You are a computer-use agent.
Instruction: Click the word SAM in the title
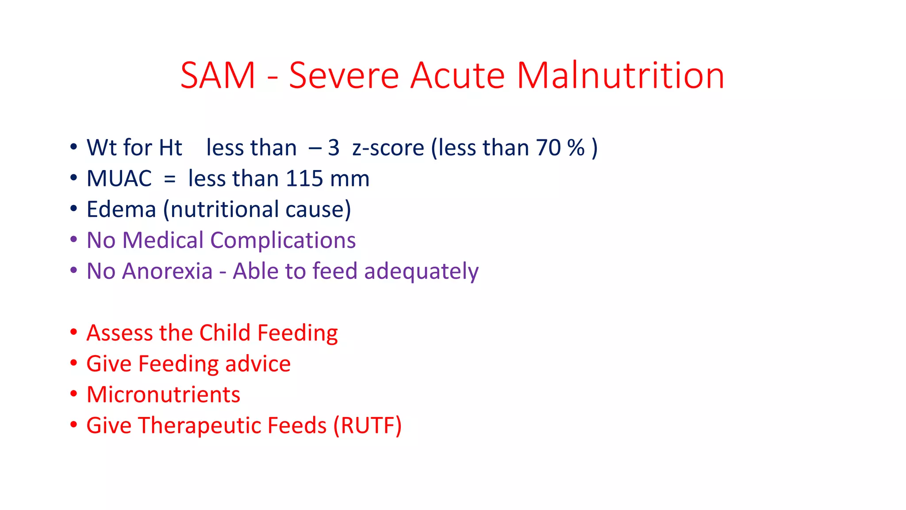coord(218,75)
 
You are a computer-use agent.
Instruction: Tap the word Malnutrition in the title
coord(620,75)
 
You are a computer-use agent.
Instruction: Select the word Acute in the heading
coord(457,75)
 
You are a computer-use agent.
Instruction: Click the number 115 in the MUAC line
coord(304,179)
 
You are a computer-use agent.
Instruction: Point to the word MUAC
coord(119,179)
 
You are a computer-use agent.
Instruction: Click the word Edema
coord(121,209)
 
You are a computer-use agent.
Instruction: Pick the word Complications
coord(283,241)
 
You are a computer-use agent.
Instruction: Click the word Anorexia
coord(167,271)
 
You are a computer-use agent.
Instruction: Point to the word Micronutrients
coord(163,394)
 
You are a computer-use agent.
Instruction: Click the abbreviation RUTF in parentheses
coord(367,426)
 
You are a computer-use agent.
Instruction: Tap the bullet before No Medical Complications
coord(73,240)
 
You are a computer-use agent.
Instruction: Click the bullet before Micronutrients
coord(73,394)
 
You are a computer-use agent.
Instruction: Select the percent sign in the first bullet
coord(576,148)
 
